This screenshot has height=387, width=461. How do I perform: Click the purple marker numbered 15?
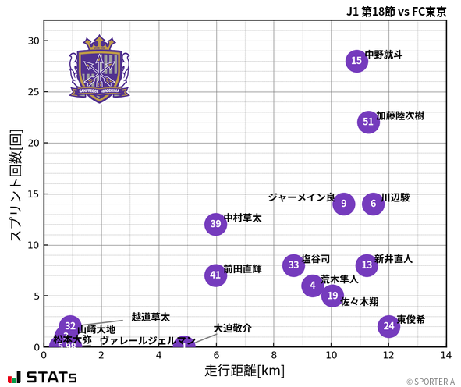point(356,61)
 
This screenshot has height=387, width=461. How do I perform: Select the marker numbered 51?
point(368,122)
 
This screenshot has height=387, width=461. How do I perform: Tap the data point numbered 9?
point(344,204)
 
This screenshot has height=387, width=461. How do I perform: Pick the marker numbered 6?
point(374,204)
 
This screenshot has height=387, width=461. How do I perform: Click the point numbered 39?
point(216,224)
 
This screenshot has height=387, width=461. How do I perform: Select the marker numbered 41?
point(216,275)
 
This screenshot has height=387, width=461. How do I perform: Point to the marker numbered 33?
point(293,265)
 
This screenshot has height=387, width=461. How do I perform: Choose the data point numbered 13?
point(367,265)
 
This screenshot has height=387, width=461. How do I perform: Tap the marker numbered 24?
point(388,326)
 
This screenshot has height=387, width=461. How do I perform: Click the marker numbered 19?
point(333,296)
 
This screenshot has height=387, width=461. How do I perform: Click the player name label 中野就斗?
point(384,55)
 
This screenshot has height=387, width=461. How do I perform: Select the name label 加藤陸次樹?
point(400,115)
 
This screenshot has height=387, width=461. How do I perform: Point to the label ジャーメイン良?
point(301,197)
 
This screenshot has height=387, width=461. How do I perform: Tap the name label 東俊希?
point(411,320)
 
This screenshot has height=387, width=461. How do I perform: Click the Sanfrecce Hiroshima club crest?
point(99,68)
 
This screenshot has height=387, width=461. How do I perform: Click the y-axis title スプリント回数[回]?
point(15,186)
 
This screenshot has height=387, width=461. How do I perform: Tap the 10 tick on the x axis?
point(331,355)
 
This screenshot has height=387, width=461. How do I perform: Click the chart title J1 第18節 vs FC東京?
point(396,11)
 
